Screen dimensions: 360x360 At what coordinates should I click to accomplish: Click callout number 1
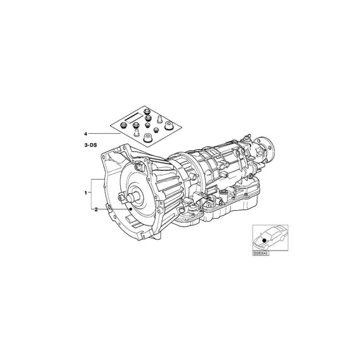(x=86, y=192)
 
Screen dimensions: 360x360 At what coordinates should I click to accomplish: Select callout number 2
(x=97, y=210)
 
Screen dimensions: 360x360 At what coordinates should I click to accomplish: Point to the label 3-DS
(x=89, y=145)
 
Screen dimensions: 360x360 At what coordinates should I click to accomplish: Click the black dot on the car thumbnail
(x=262, y=242)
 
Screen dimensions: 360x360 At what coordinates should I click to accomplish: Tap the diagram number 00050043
(x=261, y=255)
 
